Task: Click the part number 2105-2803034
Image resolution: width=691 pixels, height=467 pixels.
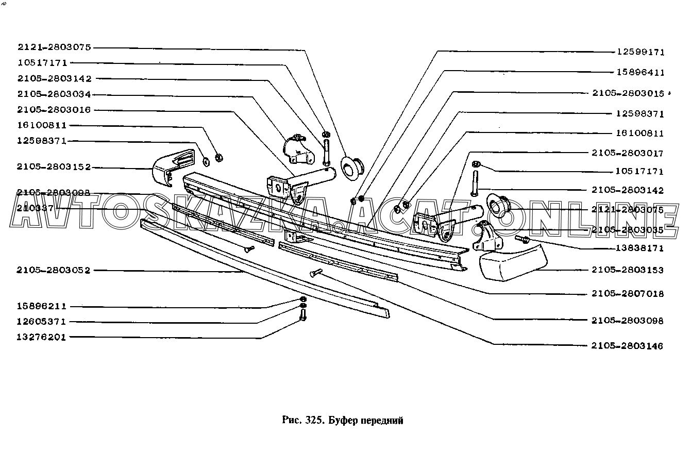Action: [54, 94]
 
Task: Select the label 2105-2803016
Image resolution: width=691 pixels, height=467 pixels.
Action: [54, 110]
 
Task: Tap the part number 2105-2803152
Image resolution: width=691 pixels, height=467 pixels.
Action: [54, 167]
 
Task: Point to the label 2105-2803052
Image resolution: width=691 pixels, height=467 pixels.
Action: [54, 270]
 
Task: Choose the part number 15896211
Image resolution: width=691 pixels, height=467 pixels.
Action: [42, 306]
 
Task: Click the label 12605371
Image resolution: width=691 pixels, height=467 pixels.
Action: [42, 322]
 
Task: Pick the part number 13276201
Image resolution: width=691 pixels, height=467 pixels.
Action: [42, 337]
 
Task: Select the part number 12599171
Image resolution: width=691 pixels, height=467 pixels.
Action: [641, 52]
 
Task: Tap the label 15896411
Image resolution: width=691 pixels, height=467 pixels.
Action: [641, 73]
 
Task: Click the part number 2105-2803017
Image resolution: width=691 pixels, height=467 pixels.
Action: [628, 153]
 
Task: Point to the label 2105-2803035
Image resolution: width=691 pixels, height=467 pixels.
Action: [628, 230]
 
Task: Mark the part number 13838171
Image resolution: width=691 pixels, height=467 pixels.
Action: [641, 248]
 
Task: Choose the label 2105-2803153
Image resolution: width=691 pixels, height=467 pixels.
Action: [628, 270]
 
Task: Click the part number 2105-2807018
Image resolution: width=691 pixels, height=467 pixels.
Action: [628, 294]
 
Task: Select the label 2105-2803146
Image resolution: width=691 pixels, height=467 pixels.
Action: [628, 346]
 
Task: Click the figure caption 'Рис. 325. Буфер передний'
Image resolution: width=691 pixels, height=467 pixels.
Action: [343, 420]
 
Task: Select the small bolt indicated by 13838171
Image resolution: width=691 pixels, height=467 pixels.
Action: [521, 239]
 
